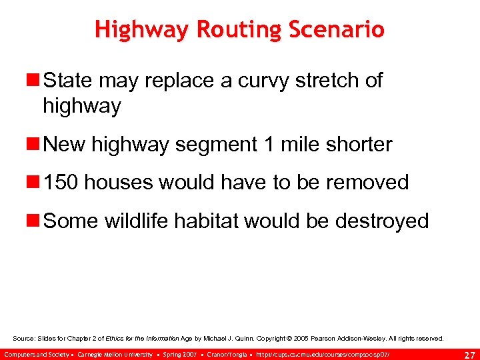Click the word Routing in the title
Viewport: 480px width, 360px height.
(230, 30)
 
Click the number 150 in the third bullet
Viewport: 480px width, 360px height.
(62, 182)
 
